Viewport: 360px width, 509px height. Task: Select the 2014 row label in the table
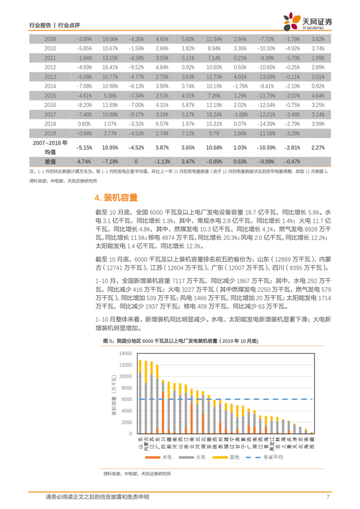click(50, 86)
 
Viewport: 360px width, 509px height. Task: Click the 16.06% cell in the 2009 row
click(110, 39)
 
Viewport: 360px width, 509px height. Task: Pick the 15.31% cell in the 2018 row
click(213, 124)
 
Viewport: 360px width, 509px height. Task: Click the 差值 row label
click(50, 161)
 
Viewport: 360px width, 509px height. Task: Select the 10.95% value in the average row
click(110, 148)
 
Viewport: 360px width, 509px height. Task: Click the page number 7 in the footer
click(328, 497)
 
